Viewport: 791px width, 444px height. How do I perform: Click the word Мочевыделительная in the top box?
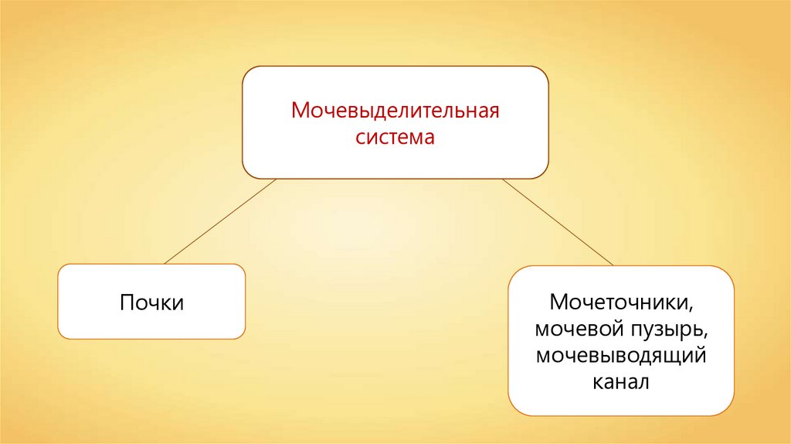pyautogui.click(x=395, y=111)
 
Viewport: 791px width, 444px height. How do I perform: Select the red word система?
pyautogui.click(x=395, y=138)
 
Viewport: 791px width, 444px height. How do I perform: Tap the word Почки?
pyautogui.click(x=151, y=302)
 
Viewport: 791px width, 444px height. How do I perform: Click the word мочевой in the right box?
pyautogui.click(x=578, y=329)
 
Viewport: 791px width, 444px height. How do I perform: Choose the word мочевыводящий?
pyautogui.click(x=621, y=356)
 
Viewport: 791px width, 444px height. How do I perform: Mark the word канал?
pyautogui.click(x=621, y=382)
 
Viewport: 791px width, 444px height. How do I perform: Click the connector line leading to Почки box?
pyautogui.click(x=219, y=221)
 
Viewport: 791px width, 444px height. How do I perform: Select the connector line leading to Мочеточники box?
pyautogui.click(x=558, y=221)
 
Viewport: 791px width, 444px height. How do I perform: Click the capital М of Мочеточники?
pyautogui.click(x=558, y=301)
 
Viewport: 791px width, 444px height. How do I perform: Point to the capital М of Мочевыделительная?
pyautogui.click(x=299, y=111)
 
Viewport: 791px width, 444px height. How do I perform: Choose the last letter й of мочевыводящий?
pyautogui.click(x=704, y=356)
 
